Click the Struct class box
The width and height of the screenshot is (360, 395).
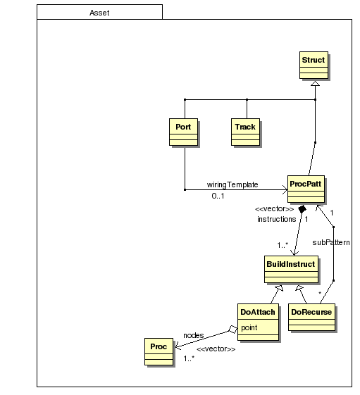tap(314, 65)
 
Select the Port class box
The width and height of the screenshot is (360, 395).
tap(184, 132)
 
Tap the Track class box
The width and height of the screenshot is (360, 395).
tap(245, 132)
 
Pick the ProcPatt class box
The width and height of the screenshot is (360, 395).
tap(306, 189)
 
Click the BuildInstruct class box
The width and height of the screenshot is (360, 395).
tap(291, 269)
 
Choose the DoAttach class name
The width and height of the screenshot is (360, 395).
tap(258, 312)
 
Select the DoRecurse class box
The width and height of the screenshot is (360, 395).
tap(311, 317)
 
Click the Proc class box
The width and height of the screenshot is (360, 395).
tap(159, 351)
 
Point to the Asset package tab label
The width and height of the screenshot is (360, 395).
tap(99, 13)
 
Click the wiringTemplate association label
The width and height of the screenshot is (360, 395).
tap(232, 184)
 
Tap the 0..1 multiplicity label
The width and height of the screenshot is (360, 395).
tap(218, 196)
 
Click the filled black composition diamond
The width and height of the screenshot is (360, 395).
tap(302, 209)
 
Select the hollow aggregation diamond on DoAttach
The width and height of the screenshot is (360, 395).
tap(233, 330)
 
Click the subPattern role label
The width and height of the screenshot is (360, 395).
tap(331, 242)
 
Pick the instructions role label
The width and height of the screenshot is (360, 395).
tap(277, 219)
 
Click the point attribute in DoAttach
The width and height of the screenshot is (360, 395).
tap(249, 327)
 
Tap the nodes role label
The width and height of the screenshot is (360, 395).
tap(193, 335)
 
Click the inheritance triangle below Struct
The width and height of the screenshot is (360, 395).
tap(315, 83)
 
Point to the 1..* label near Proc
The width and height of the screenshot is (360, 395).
tap(189, 358)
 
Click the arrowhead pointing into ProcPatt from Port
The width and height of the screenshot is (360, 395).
tap(285, 189)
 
